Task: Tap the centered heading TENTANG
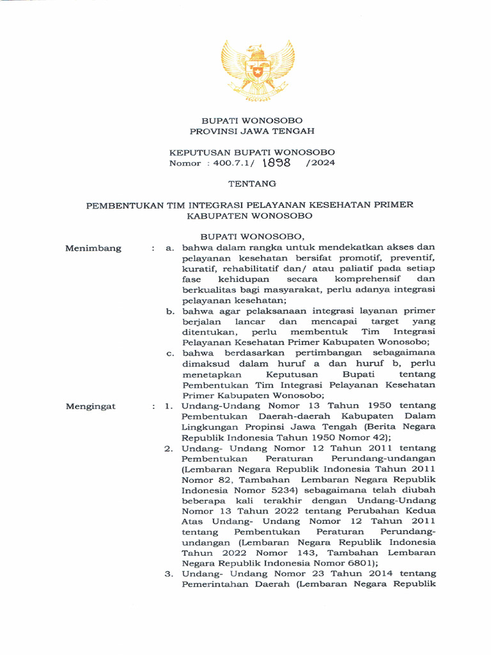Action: coord(252,184)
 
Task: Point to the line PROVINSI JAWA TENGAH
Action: coord(252,130)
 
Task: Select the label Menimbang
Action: coord(93,248)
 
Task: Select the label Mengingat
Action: coord(91,406)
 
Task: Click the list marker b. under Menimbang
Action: coord(171,312)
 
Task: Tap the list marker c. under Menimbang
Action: coord(171,352)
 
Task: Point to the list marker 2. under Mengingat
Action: coord(169,448)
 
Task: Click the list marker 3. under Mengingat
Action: coord(169,574)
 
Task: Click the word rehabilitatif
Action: coord(237,269)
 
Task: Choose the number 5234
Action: coord(272,489)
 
